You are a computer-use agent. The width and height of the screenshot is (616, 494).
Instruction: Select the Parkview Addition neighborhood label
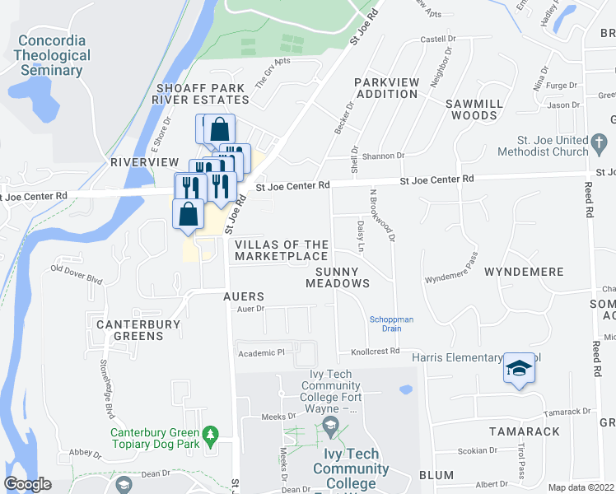pyautogui.click(x=386, y=88)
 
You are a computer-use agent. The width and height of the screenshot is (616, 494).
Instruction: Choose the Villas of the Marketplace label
pyautogui.click(x=282, y=250)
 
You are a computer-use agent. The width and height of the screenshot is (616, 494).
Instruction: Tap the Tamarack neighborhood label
pyautogui.click(x=525, y=431)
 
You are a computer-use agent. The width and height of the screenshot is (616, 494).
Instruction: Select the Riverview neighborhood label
pyautogui.click(x=144, y=162)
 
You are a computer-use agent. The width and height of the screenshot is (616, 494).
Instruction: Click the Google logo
pyautogui.click(x=28, y=484)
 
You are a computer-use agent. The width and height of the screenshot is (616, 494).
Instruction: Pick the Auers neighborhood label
pyautogui.click(x=243, y=296)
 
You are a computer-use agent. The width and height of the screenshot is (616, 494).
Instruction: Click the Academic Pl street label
pyautogui.click(x=261, y=352)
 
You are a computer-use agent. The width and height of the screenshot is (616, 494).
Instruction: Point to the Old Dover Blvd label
pyautogui.click(x=77, y=273)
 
